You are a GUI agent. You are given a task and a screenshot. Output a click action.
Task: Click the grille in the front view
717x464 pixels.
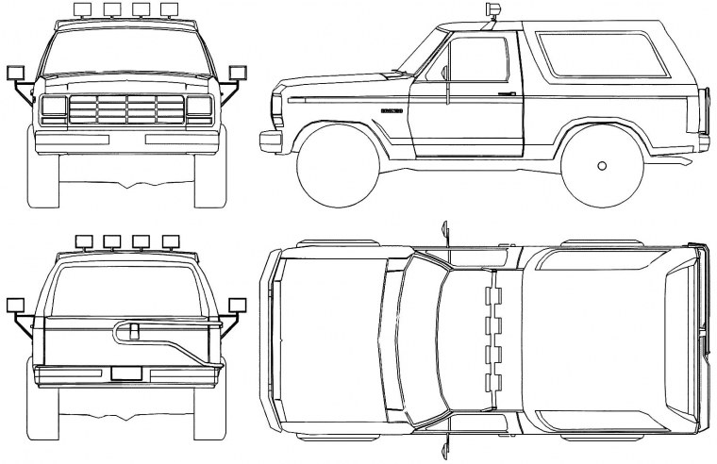(126, 108)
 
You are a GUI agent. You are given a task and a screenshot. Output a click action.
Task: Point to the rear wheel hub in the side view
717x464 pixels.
(602, 166)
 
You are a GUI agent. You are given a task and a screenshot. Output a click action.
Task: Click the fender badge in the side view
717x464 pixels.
(392, 111)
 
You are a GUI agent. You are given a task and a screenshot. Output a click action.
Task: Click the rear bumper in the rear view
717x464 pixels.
(126, 381)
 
